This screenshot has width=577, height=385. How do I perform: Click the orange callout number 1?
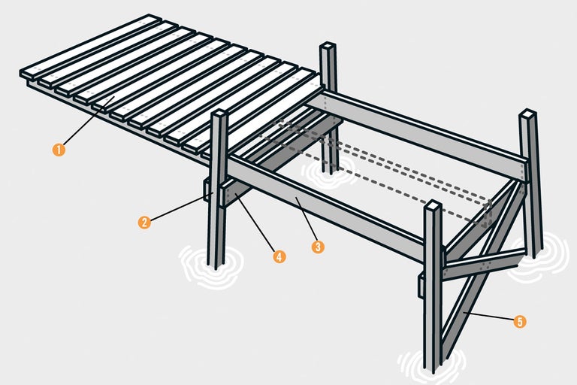pos(59,149)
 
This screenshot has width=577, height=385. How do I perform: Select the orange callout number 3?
pos(318,246)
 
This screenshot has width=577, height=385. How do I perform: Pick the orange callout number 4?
pos(279,256)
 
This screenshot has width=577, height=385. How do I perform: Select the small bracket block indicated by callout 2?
pos(208,190)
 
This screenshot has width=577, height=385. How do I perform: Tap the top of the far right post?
pos(529,114)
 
